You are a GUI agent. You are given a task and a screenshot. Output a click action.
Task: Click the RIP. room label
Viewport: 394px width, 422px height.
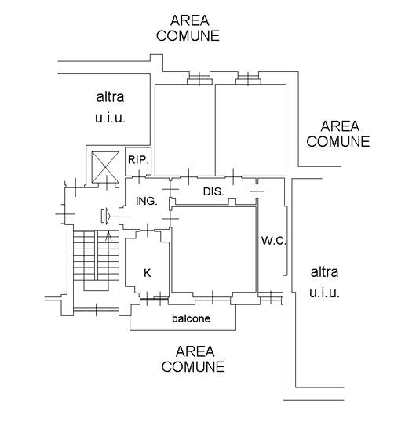point(138,160)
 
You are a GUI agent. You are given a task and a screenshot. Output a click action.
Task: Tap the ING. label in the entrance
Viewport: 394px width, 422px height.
point(147,201)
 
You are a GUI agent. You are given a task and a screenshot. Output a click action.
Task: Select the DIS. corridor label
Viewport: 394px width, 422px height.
point(213,191)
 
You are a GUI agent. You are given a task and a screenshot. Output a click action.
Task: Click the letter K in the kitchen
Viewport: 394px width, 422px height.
point(147,273)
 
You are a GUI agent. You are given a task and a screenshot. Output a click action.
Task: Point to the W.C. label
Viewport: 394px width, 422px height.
point(274,241)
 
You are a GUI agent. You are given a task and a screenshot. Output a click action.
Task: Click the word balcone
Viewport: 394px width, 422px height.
point(192,318)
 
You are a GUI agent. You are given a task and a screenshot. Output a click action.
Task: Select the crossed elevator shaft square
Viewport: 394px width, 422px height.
point(105,167)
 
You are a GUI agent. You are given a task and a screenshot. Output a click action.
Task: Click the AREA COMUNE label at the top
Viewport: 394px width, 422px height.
point(188,28)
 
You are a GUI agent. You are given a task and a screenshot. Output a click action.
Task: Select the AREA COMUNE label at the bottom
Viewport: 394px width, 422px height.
point(193,359)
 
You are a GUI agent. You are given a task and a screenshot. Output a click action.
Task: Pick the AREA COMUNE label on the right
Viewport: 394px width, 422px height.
point(338,134)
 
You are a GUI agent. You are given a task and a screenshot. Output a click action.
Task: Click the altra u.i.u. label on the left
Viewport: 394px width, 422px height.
point(110,107)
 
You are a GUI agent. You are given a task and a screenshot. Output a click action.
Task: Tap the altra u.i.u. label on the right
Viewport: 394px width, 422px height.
point(324,282)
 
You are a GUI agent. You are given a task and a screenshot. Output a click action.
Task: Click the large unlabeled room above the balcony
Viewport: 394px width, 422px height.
point(213,249)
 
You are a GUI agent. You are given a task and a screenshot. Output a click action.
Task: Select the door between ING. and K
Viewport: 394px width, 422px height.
point(148,230)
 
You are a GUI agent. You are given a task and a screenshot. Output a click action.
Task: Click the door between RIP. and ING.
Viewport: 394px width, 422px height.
point(139,176)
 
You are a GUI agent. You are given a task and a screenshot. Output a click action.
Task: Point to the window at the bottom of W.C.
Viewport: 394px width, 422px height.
point(271,297)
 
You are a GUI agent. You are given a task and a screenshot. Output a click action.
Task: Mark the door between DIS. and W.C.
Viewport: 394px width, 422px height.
point(257,191)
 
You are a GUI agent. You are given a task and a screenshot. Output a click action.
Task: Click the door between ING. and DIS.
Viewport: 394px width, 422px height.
point(170,189)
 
